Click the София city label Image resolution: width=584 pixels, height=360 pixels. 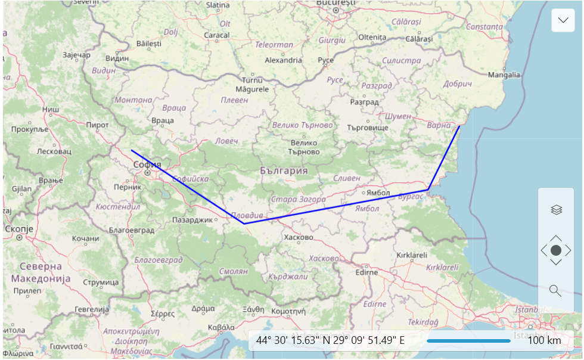(147, 165)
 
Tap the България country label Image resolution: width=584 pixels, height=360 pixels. (284, 170)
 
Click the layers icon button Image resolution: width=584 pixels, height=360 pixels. (556, 209)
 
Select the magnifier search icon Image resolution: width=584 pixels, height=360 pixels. (555, 291)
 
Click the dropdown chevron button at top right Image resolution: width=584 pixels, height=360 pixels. (563, 20)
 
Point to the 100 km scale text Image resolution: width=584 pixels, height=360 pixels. (544, 340)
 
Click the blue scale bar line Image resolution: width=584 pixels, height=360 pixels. (468, 341)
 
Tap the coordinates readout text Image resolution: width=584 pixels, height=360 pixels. (330, 340)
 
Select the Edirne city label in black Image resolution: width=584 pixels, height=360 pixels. (366, 272)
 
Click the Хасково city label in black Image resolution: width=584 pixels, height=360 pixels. (299, 237)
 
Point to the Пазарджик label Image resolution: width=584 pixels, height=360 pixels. (192, 220)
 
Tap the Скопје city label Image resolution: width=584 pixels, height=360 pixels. (19, 228)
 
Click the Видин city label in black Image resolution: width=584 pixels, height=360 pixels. (117, 58)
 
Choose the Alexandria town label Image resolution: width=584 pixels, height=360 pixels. (283, 60)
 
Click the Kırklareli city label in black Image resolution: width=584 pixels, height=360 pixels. (412, 255)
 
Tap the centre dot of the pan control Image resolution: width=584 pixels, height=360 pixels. (556, 250)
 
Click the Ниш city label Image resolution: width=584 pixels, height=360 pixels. (51, 110)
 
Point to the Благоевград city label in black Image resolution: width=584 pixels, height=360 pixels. (131, 230)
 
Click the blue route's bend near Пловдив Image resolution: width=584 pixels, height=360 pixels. (244, 224)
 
